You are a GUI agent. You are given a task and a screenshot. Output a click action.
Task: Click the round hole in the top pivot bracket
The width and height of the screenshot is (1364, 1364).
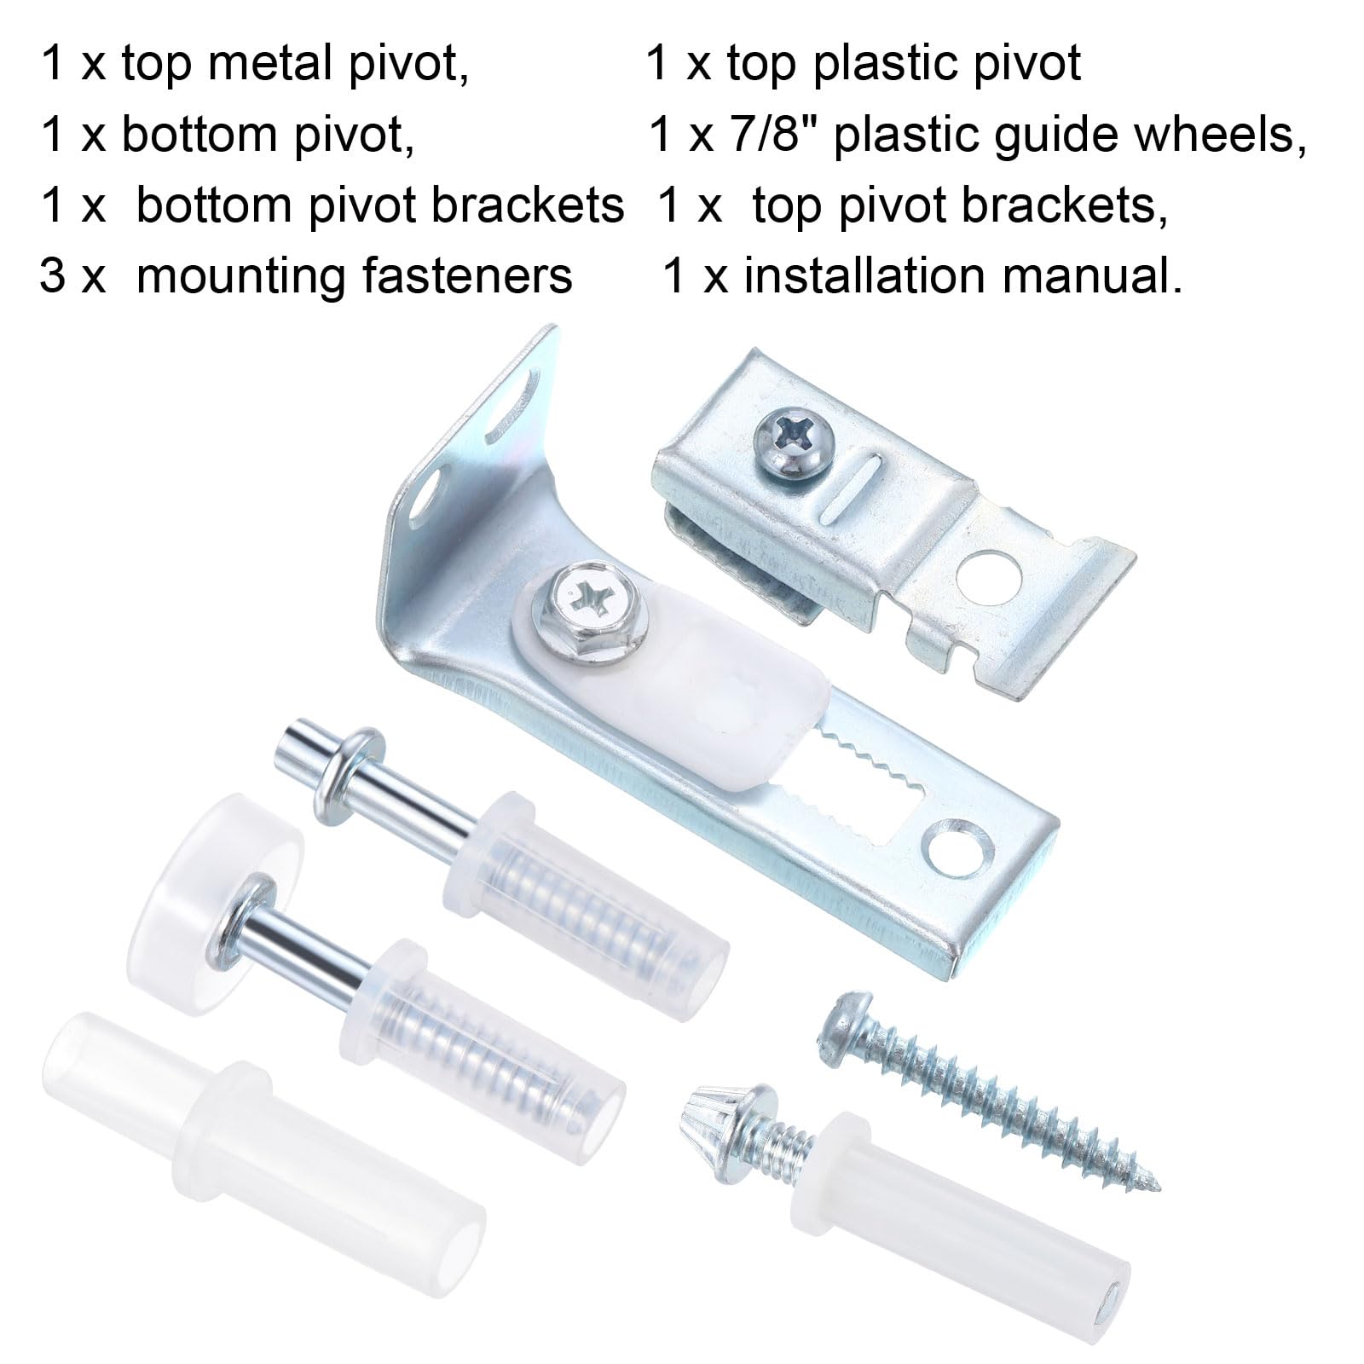click(x=988, y=570)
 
